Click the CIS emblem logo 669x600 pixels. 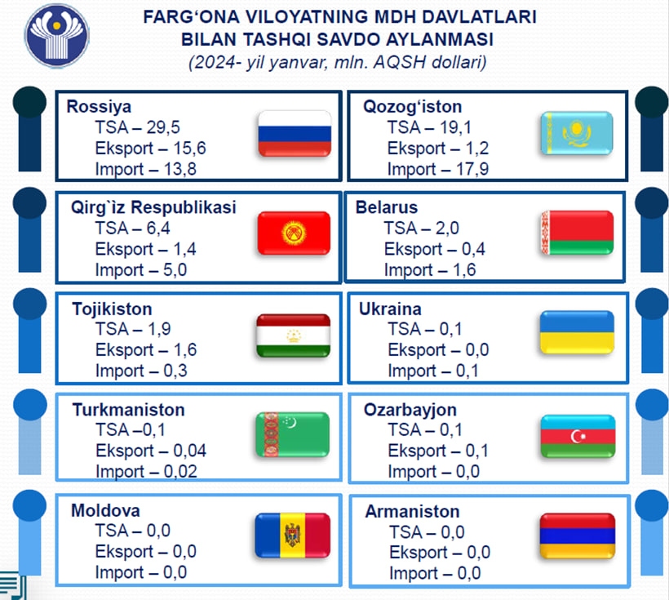tap(57, 36)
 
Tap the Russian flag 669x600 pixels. tap(295, 134)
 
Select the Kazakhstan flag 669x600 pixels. tap(577, 133)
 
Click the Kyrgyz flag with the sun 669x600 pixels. tap(294, 233)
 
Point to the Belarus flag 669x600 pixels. tap(578, 233)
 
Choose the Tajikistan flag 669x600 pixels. tap(294, 336)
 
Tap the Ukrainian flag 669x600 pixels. tap(578, 332)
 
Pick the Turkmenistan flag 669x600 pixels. tap(293, 435)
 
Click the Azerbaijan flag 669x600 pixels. tap(578, 436)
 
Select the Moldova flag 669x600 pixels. tap(293, 536)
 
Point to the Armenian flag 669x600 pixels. tap(578, 536)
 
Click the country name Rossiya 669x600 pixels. tap(99, 107)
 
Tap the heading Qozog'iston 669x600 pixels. tap(412, 107)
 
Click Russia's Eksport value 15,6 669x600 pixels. tap(189, 149)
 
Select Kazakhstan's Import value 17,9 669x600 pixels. tap(472, 169)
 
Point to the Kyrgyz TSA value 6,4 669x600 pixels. tap(158, 228)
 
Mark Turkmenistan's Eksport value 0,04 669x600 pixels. tap(189, 451)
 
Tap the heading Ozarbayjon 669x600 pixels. tap(410, 410)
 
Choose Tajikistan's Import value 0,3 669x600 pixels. tap(175, 371)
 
